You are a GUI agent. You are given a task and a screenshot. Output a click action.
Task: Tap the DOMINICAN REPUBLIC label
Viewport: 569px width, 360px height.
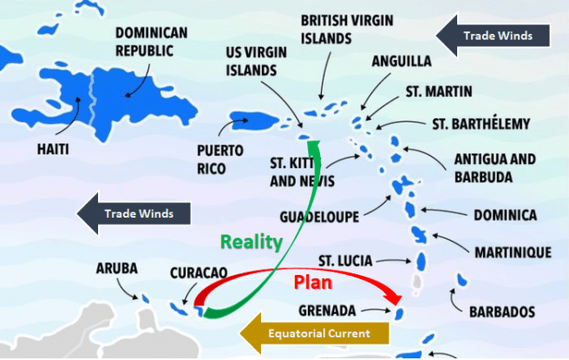[151, 41]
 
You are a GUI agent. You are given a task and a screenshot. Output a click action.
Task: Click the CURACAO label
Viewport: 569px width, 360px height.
[199, 272]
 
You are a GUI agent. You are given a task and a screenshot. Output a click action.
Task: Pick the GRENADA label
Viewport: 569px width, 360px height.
[327, 310]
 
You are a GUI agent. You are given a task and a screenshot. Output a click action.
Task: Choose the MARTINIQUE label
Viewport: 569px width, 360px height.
[513, 252]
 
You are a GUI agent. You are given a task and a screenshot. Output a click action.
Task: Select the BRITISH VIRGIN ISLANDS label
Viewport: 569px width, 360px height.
[338, 29]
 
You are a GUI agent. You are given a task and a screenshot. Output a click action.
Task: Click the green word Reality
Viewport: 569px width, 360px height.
[251, 241]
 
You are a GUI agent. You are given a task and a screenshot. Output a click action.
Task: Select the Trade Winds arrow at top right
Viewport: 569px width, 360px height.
[493, 36]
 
